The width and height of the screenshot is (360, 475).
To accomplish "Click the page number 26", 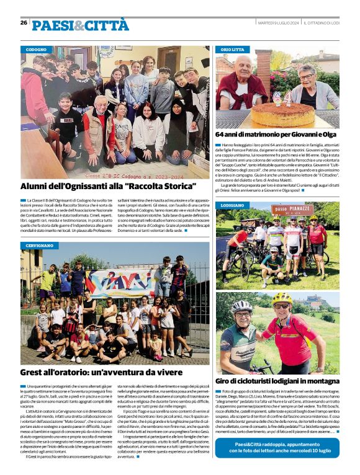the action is [24, 22].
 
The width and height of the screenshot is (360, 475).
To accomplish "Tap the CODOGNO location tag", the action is [37, 49].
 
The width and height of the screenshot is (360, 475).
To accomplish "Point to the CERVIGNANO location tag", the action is [40, 246].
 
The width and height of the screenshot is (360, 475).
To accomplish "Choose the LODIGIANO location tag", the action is [233, 205].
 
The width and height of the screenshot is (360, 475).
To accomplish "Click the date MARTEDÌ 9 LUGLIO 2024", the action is [279, 23].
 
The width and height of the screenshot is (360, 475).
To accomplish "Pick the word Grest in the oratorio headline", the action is [32, 373].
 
